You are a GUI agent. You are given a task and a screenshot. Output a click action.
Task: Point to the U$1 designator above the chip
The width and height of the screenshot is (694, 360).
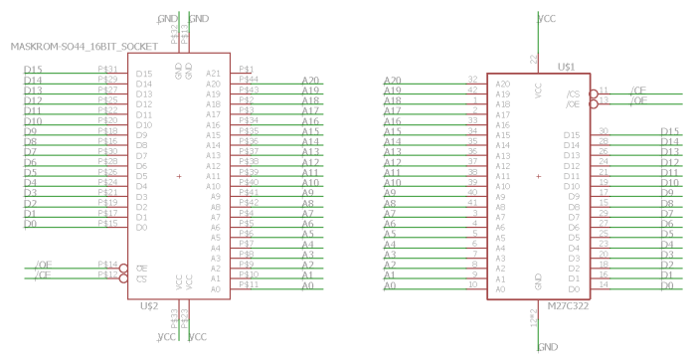click(566, 66)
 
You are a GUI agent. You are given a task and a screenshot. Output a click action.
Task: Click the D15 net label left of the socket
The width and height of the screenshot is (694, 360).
click(32, 69)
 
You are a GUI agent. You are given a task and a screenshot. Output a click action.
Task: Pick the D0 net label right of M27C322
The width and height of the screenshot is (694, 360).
click(666, 286)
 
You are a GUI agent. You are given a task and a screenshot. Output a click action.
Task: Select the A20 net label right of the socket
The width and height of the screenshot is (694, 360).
click(310, 80)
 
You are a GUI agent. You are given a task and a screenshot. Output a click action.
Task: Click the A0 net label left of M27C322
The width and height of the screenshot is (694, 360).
click(390, 286)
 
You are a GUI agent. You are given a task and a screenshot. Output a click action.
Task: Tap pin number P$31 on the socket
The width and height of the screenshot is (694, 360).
click(108, 69)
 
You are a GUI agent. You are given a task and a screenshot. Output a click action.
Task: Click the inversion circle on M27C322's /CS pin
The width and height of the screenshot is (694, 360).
click(594, 92)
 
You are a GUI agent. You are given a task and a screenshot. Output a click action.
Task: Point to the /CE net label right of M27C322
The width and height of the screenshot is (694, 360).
click(638, 91)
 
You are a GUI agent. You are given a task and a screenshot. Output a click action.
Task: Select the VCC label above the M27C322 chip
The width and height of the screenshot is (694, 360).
click(546, 18)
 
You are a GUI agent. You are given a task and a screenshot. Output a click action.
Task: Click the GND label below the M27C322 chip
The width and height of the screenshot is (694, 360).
click(547, 347)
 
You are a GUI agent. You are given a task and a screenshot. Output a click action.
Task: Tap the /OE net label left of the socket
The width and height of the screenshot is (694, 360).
click(42, 265)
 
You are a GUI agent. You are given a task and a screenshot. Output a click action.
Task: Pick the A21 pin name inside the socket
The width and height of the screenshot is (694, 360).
click(213, 73)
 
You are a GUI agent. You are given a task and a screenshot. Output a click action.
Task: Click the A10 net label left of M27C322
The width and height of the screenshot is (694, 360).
click(392, 183)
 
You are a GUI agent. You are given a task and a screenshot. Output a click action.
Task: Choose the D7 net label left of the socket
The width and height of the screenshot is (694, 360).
click(31, 152)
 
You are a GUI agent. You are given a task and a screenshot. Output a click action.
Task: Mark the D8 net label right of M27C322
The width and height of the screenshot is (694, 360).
click(668, 203)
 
